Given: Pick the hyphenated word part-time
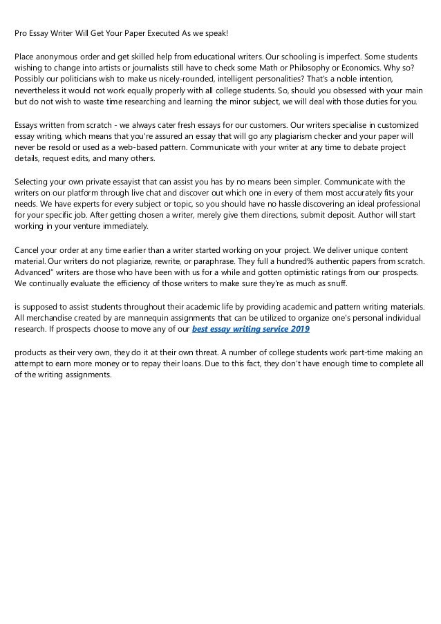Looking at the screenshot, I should (362, 352).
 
